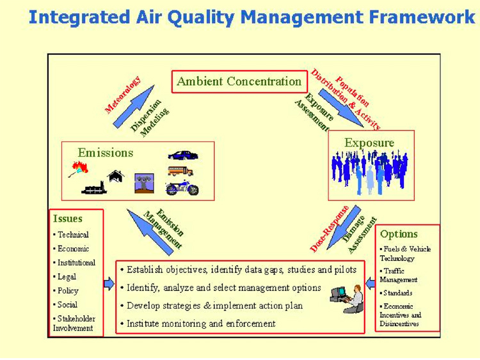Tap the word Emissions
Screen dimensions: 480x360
[x=106, y=153]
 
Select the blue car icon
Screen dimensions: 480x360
[x=183, y=155]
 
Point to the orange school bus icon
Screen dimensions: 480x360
[x=180, y=171]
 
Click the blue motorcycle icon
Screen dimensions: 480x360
[x=182, y=188]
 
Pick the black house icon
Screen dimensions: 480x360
[x=116, y=176]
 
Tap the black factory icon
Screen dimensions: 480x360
[x=94, y=188]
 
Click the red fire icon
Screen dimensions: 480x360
[x=78, y=169]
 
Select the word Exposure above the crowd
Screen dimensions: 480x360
[x=369, y=143]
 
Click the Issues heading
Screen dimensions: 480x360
[x=68, y=219]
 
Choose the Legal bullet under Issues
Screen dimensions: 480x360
[x=65, y=277]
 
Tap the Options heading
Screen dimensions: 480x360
[x=399, y=234]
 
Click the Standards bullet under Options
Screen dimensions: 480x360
[x=396, y=293]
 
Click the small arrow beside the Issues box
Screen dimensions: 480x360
[x=109, y=284]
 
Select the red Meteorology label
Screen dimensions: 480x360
[x=123, y=95]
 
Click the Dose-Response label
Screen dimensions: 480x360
[x=330, y=229]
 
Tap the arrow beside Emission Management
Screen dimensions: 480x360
[x=150, y=232]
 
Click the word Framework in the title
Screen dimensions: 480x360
[x=422, y=17]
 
